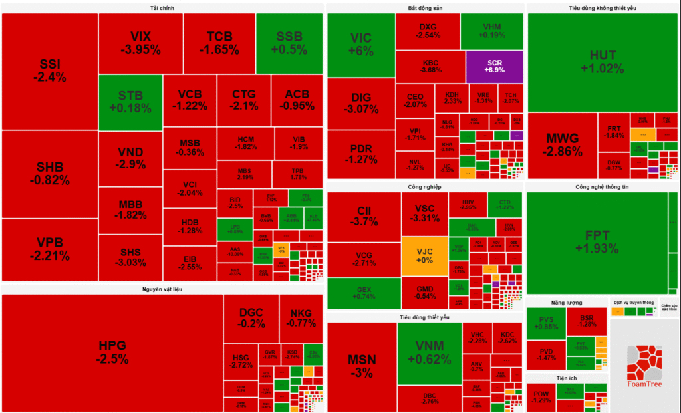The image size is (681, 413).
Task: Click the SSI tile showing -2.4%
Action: (50, 70)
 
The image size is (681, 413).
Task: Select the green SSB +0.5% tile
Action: (289, 43)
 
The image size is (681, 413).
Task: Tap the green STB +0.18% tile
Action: (130, 102)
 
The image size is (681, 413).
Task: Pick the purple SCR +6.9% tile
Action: (495, 66)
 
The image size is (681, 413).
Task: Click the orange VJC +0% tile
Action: (424, 256)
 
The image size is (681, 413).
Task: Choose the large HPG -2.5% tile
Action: (112, 352)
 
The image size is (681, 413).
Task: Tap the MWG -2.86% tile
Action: (562, 145)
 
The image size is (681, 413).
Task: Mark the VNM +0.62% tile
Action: (429, 352)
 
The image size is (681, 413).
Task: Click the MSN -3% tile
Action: (362, 366)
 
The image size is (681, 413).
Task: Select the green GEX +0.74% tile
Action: (363, 294)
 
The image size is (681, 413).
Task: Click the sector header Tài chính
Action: (162, 8)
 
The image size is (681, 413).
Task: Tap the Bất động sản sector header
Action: (425, 8)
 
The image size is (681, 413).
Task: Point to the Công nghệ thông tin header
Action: (602, 187)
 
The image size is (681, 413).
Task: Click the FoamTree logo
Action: (644, 366)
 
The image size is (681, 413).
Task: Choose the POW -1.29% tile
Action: (542, 397)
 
